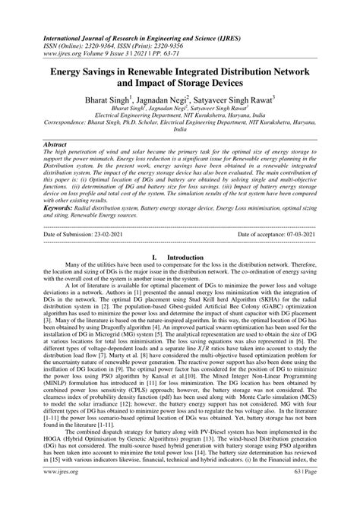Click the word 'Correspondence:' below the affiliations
(71, 122)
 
